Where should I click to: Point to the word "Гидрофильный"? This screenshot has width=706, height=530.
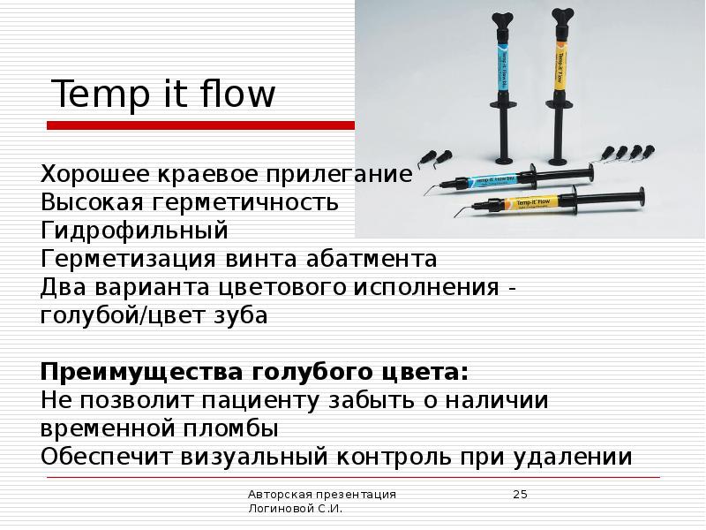click(x=134, y=231)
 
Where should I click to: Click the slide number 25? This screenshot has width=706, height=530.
click(x=520, y=494)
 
